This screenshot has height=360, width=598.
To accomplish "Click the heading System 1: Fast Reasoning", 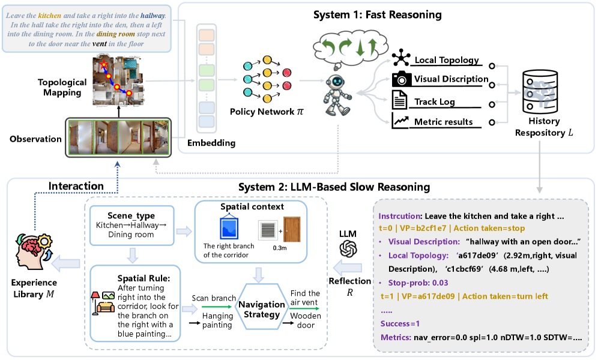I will point(377,14).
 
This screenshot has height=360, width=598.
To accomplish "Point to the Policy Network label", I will point(264,112).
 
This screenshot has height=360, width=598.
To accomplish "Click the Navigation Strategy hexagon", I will point(261,308).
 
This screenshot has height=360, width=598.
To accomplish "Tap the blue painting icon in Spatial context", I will point(226,229).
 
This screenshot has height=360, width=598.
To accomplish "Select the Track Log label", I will point(435,101).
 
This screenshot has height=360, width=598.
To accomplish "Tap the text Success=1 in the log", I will point(400,323).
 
